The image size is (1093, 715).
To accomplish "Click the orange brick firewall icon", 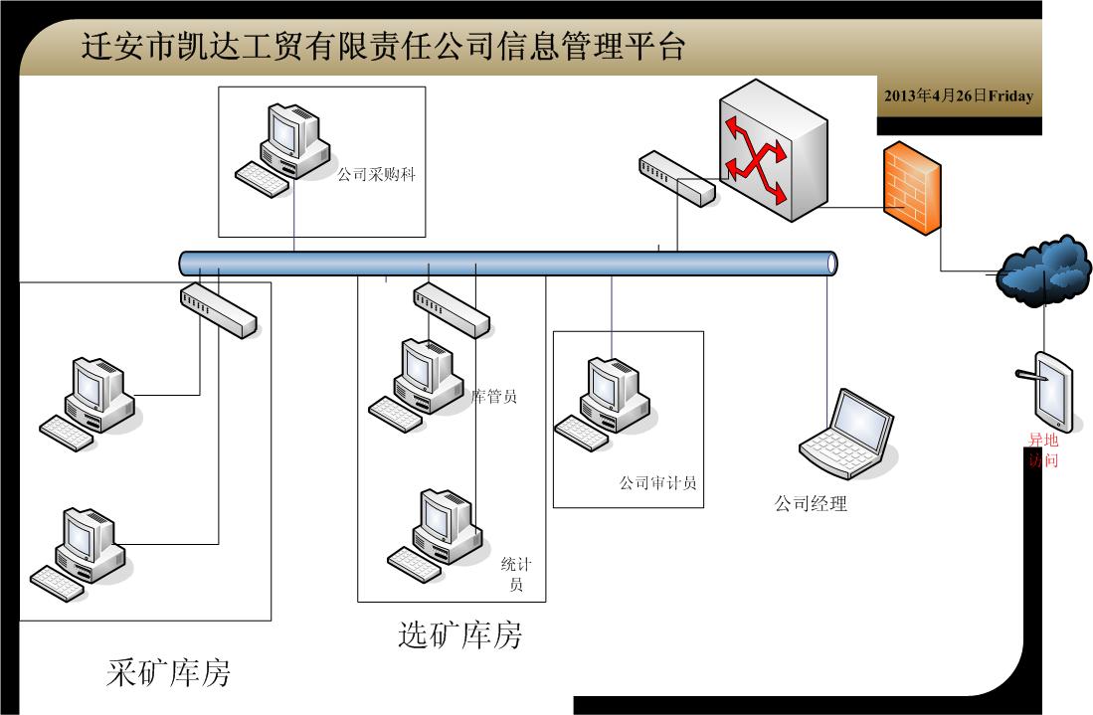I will point(910,189).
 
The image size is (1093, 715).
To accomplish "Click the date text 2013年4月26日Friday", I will point(958,96).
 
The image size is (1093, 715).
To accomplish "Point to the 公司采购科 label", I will point(376,175).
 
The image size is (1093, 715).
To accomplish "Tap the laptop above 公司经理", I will point(847,430).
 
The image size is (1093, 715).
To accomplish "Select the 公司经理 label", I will point(811,503).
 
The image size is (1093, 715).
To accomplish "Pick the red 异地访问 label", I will point(1043,450).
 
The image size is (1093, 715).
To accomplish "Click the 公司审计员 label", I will point(657,483).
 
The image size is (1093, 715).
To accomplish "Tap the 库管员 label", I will point(494,397).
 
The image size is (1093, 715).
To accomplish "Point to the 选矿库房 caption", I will point(459,634).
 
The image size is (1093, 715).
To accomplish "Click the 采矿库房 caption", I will point(168,672).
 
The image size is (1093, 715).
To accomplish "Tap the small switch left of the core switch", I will point(676,178).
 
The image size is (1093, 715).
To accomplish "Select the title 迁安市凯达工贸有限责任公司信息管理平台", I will point(383,47).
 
